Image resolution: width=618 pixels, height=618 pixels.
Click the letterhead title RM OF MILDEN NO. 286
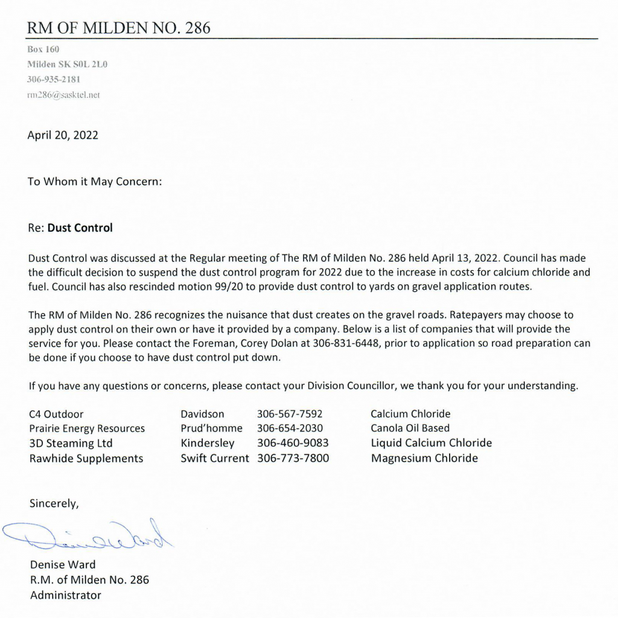click(119, 28)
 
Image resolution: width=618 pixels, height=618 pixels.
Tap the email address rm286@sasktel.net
click(63, 95)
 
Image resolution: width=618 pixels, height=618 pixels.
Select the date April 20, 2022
click(63, 135)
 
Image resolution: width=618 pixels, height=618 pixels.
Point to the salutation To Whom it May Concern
click(95, 181)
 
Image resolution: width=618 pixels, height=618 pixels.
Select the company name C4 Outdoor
click(56, 414)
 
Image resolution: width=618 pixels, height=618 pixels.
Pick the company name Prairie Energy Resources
click(87, 428)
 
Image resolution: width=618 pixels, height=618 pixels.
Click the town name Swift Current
click(214, 458)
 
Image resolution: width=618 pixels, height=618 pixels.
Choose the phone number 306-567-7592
click(290, 414)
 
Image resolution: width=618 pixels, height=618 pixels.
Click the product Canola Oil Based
click(410, 428)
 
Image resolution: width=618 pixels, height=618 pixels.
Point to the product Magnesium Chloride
click(424, 458)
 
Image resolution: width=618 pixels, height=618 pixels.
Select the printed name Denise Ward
click(63, 565)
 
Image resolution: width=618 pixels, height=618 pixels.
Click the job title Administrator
click(66, 595)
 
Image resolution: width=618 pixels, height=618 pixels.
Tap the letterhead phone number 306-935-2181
click(54, 79)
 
